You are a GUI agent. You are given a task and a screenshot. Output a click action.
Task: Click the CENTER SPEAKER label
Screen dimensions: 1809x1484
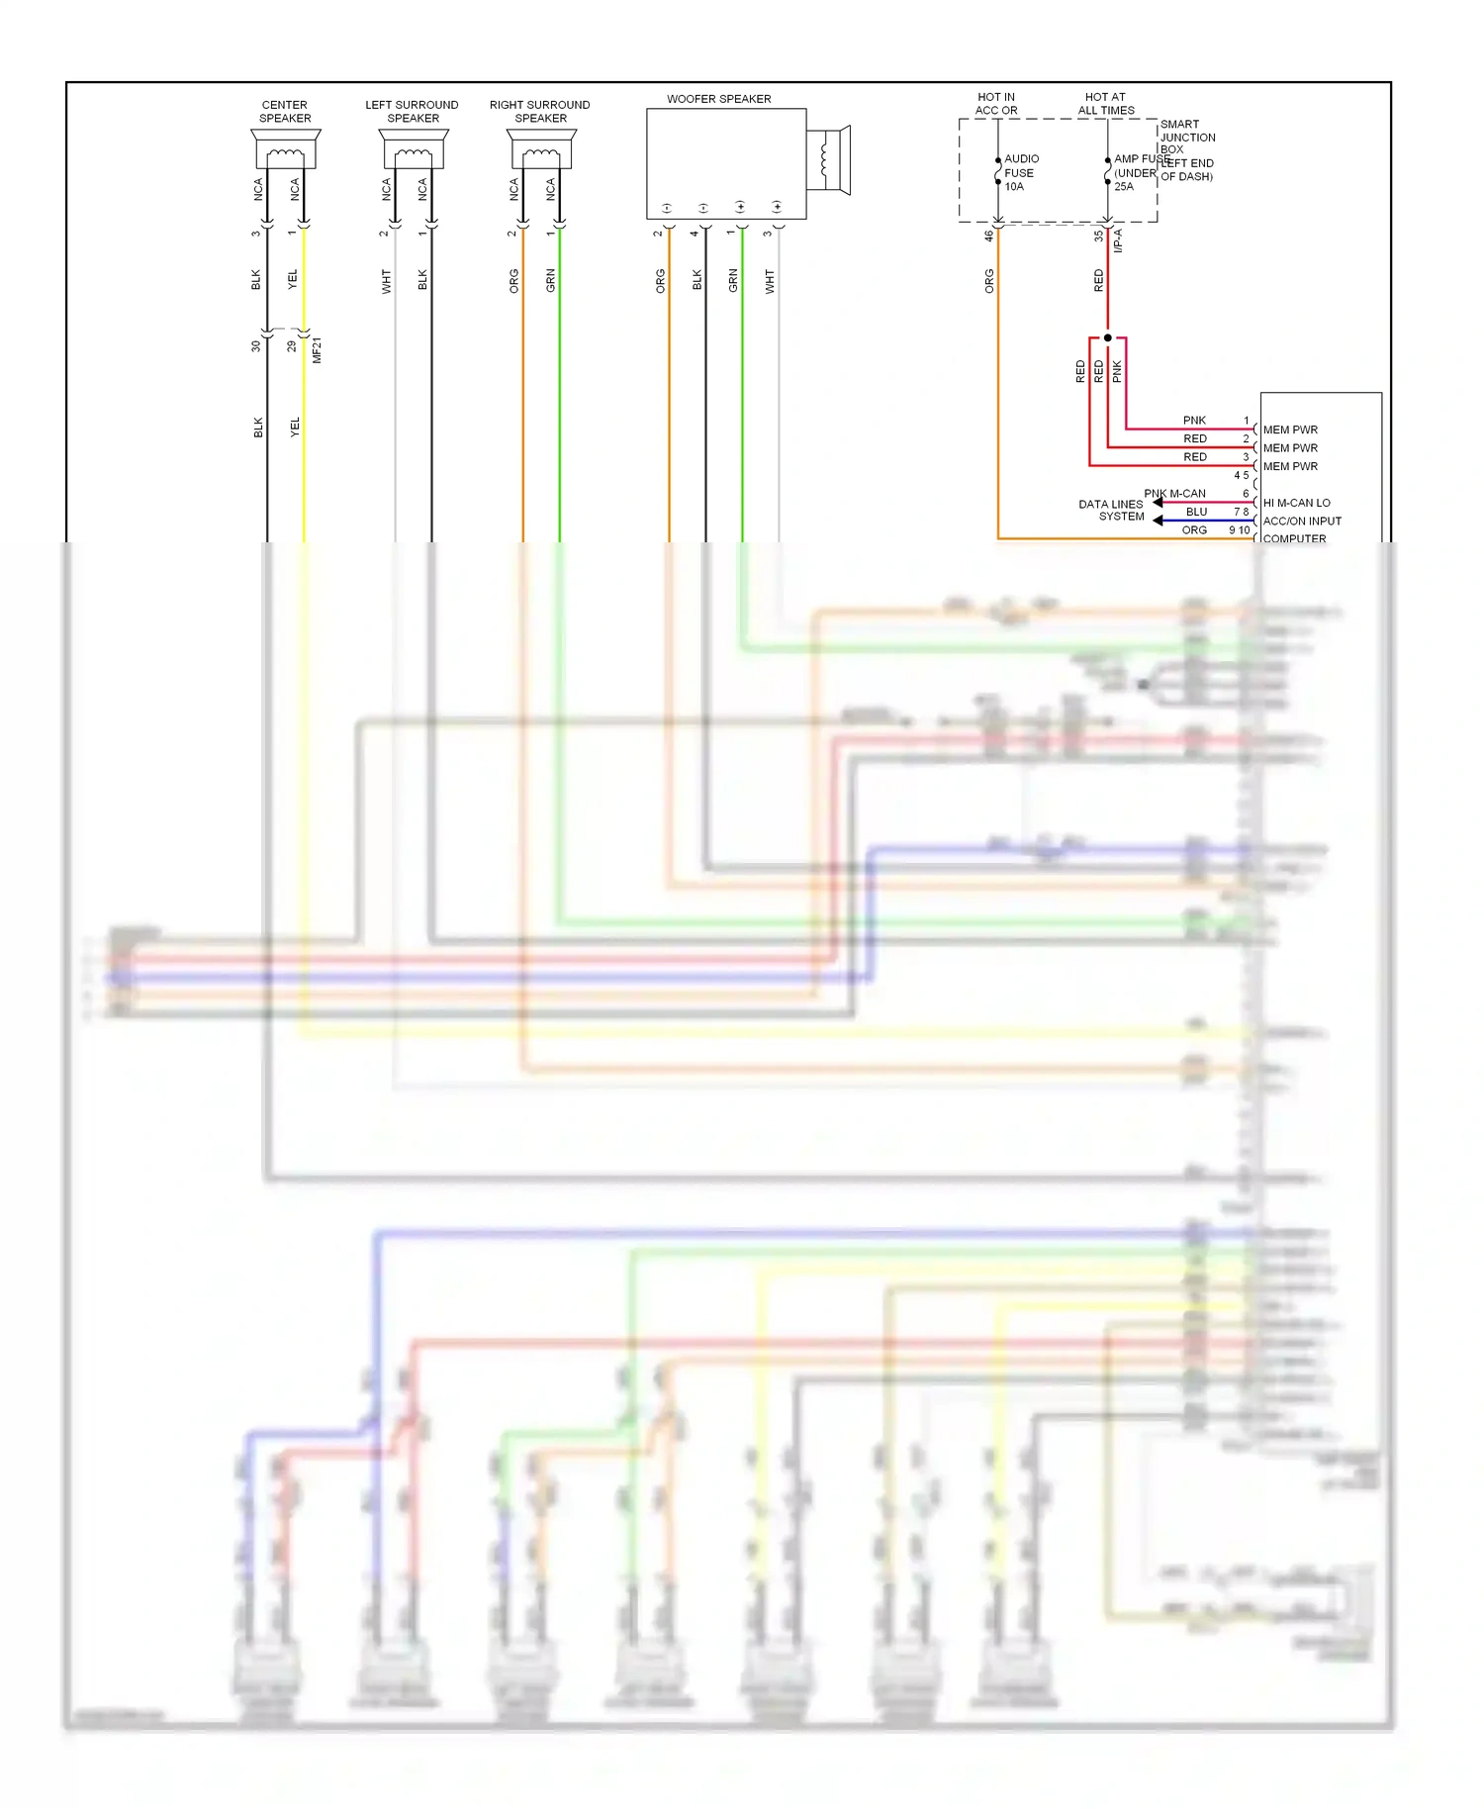pos(285,112)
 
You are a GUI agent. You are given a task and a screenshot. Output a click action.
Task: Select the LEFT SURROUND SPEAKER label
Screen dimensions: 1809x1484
pos(413,112)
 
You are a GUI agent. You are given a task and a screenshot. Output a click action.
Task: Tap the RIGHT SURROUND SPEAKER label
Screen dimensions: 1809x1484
pos(540,112)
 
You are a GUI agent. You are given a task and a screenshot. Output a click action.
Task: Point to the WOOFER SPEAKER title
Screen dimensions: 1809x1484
pos(719,99)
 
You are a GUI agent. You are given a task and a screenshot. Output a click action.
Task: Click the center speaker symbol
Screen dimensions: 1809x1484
pos(285,150)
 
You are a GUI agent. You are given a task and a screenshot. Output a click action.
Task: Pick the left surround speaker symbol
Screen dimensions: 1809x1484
pos(414,150)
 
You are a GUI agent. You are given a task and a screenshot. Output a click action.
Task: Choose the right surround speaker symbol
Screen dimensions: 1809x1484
pos(542,150)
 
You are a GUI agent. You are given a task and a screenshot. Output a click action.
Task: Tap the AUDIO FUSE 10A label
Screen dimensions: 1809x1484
pos(1021,172)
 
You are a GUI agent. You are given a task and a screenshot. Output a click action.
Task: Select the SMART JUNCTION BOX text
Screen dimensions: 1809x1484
pos(1187,137)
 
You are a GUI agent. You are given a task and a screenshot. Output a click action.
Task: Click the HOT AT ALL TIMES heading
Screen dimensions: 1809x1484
pos(1106,104)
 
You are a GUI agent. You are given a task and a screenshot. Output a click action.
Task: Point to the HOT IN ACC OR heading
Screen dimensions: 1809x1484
pos(996,104)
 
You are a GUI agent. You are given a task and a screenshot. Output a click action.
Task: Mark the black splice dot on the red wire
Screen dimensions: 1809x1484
pos(1108,337)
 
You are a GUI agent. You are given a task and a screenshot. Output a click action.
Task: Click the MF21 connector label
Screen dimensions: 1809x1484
pos(317,350)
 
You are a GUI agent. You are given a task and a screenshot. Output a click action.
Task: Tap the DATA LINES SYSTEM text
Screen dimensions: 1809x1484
pos(1111,511)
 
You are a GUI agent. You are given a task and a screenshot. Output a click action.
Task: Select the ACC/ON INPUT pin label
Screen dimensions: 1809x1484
pos(1302,522)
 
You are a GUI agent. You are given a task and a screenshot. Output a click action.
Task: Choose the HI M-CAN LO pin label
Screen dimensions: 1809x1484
pos(1296,503)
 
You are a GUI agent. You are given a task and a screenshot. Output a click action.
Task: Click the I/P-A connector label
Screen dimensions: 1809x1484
pos(1118,240)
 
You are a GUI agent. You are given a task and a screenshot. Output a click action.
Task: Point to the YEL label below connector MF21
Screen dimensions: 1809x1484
pos(295,428)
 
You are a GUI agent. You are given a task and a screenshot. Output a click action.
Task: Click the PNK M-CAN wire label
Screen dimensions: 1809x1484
pos(1174,494)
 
